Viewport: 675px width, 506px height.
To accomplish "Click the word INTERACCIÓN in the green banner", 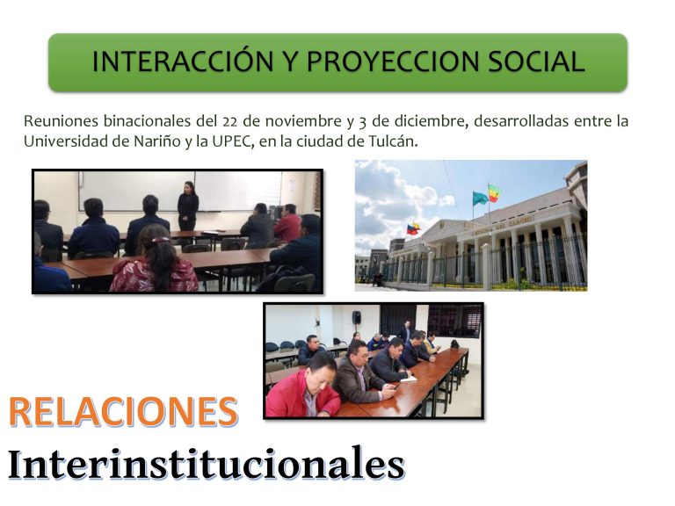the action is pyautogui.click(x=183, y=61).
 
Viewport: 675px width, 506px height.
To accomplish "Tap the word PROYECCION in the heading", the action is pyautogui.click(x=393, y=61).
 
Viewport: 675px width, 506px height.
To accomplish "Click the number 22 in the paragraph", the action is pyautogui.click(x=230, y=122).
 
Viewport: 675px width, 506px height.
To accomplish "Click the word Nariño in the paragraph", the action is pyautogui.click(x=157, y=141).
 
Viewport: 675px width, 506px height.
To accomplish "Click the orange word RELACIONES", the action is pyautogui.click(x=123, y=412).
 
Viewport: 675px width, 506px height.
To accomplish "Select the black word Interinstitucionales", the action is pyautogui.click(x=207, y=464).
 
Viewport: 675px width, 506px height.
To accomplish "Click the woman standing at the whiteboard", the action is pyautogui.click(x=188, y=206).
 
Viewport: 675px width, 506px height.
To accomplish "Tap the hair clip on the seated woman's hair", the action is pyautogui.click(x=161, y=240).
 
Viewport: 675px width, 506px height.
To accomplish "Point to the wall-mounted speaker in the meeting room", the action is pyautogui.click(x=357, y=317).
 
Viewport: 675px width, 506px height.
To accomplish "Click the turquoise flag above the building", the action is pyautogui.click(x=480, y=199).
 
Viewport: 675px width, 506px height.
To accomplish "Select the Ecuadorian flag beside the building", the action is pyautogui.click(x=413, y=228).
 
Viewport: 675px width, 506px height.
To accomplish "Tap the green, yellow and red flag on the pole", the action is pyautogui.click(x=495, y=192).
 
